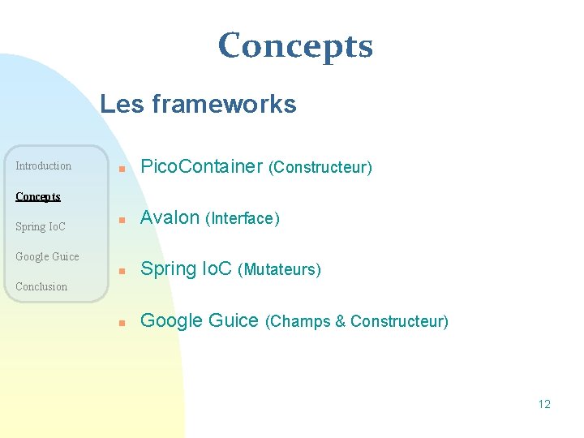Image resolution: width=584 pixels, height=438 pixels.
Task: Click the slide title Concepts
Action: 295,46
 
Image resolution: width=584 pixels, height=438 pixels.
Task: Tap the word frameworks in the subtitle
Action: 225,104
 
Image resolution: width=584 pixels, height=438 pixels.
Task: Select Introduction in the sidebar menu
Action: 44,166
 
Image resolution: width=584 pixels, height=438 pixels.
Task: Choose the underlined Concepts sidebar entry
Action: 38,196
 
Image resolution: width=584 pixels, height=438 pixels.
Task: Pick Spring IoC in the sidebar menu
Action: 41,226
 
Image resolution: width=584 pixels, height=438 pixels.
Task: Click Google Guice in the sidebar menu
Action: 47,256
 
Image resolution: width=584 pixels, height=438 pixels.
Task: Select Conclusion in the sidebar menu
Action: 41,286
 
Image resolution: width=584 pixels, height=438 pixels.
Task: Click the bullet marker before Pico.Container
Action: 121,170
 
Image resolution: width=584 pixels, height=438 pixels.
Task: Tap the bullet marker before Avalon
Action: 121,220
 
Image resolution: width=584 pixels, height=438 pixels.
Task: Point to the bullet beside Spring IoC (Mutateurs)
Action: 121,271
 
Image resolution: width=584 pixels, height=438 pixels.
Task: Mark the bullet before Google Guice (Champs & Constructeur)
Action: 121,322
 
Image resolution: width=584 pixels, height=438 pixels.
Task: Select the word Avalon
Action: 170,217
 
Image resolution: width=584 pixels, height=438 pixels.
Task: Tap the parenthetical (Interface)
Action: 243,219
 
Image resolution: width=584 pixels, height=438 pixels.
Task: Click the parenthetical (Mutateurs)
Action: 279,270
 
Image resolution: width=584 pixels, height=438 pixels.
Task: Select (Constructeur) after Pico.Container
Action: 321,168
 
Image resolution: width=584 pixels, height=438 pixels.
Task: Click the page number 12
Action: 543,404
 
